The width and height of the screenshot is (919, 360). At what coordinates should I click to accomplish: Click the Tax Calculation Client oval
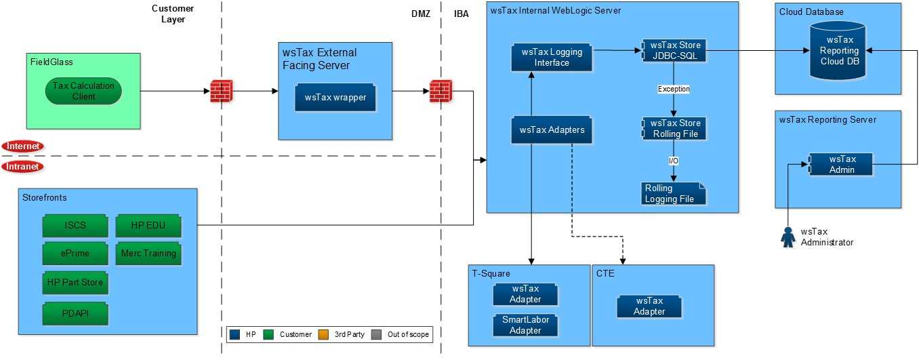coord(84,90)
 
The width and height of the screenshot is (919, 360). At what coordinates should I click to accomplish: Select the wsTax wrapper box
coord(335,98)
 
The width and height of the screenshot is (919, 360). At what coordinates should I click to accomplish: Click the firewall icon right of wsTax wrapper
coord(441,90)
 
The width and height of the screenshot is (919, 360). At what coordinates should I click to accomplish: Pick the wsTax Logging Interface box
coord(551,57)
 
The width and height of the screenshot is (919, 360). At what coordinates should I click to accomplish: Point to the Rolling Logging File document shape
coord(673,193)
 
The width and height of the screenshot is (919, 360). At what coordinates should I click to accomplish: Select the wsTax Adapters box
coord(551,129)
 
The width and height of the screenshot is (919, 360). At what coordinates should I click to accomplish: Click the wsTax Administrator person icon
coord(788,237)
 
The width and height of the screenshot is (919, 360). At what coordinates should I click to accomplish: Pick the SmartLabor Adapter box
coord(525,325)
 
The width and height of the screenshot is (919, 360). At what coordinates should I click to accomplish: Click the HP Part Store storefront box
coord(75,281)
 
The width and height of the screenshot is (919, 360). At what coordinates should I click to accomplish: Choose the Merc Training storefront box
coord(148,254)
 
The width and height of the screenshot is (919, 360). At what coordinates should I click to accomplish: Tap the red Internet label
coord(23,146)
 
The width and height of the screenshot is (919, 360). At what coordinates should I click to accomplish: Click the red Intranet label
coord(23,166)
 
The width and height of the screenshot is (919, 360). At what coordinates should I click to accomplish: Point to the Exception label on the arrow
coord(673,89)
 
